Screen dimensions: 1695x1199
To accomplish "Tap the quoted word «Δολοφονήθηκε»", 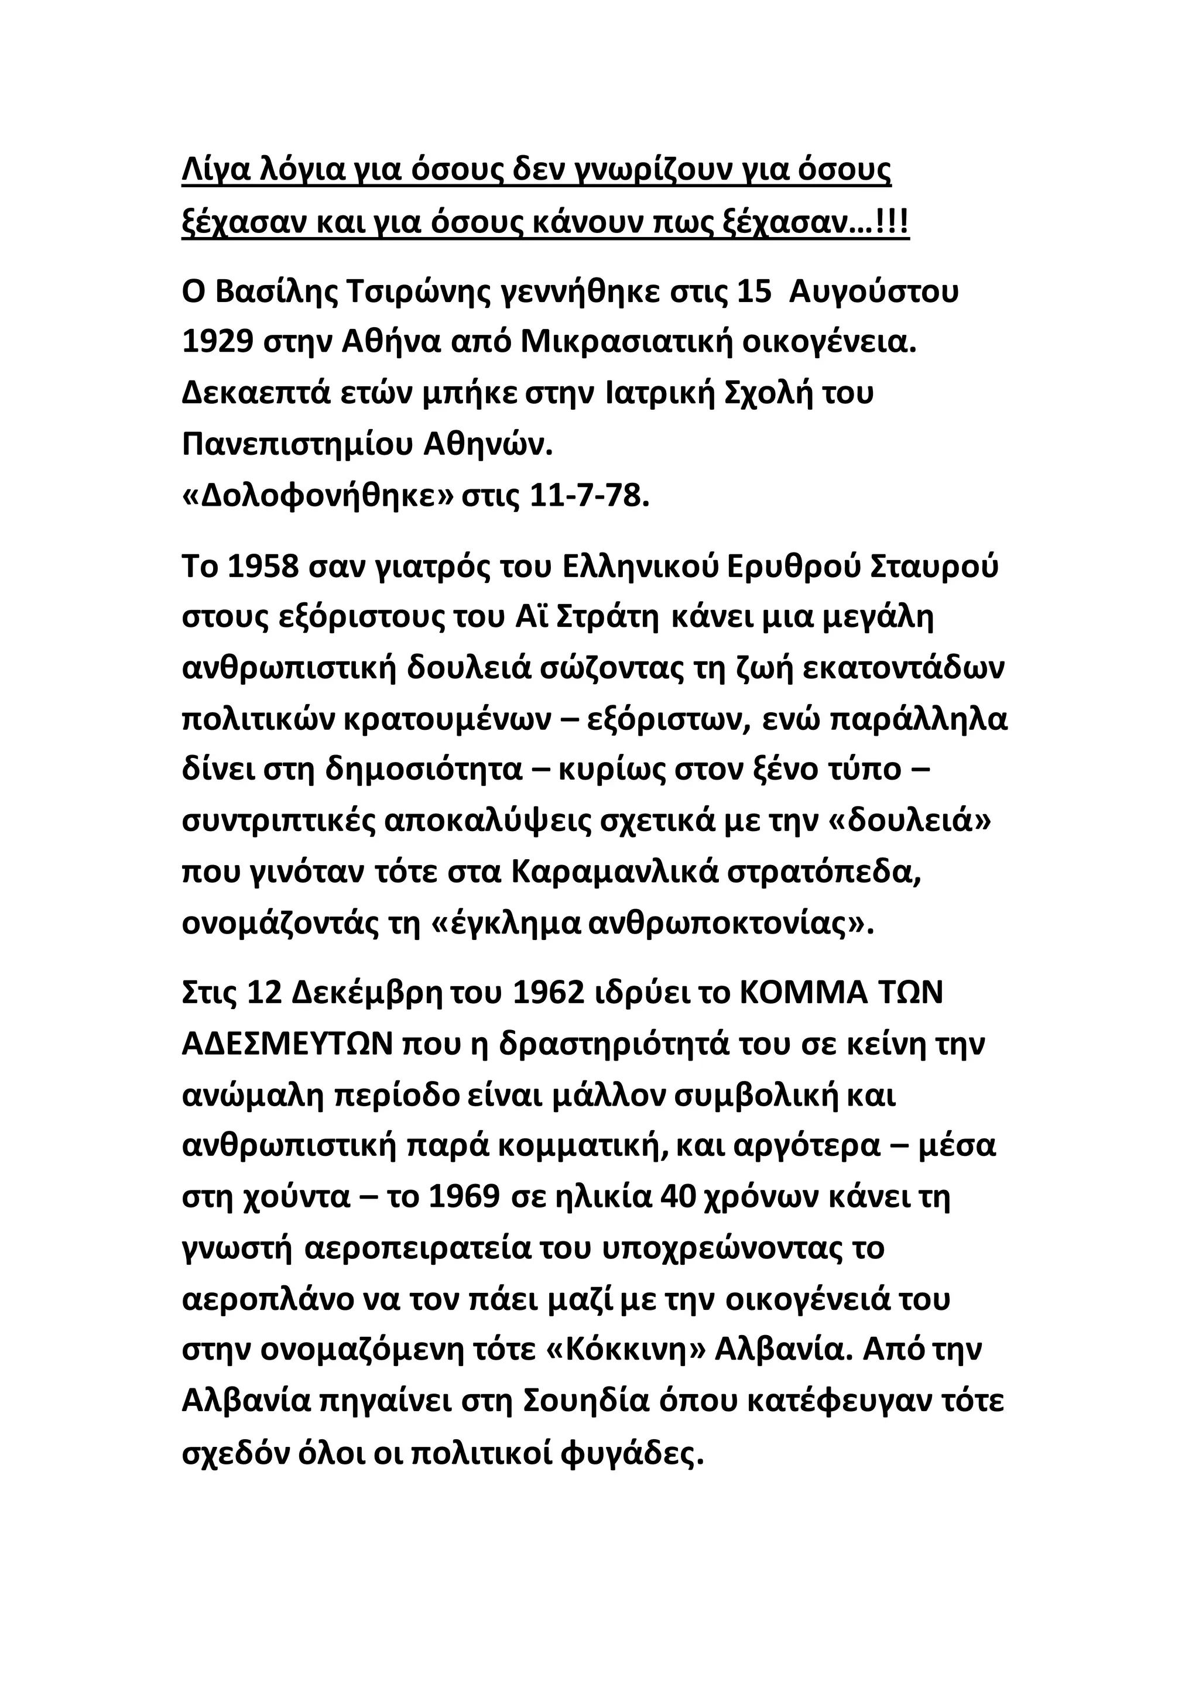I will [317, 496].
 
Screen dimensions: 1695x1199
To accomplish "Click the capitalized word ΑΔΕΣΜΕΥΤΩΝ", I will [286, 1045].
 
